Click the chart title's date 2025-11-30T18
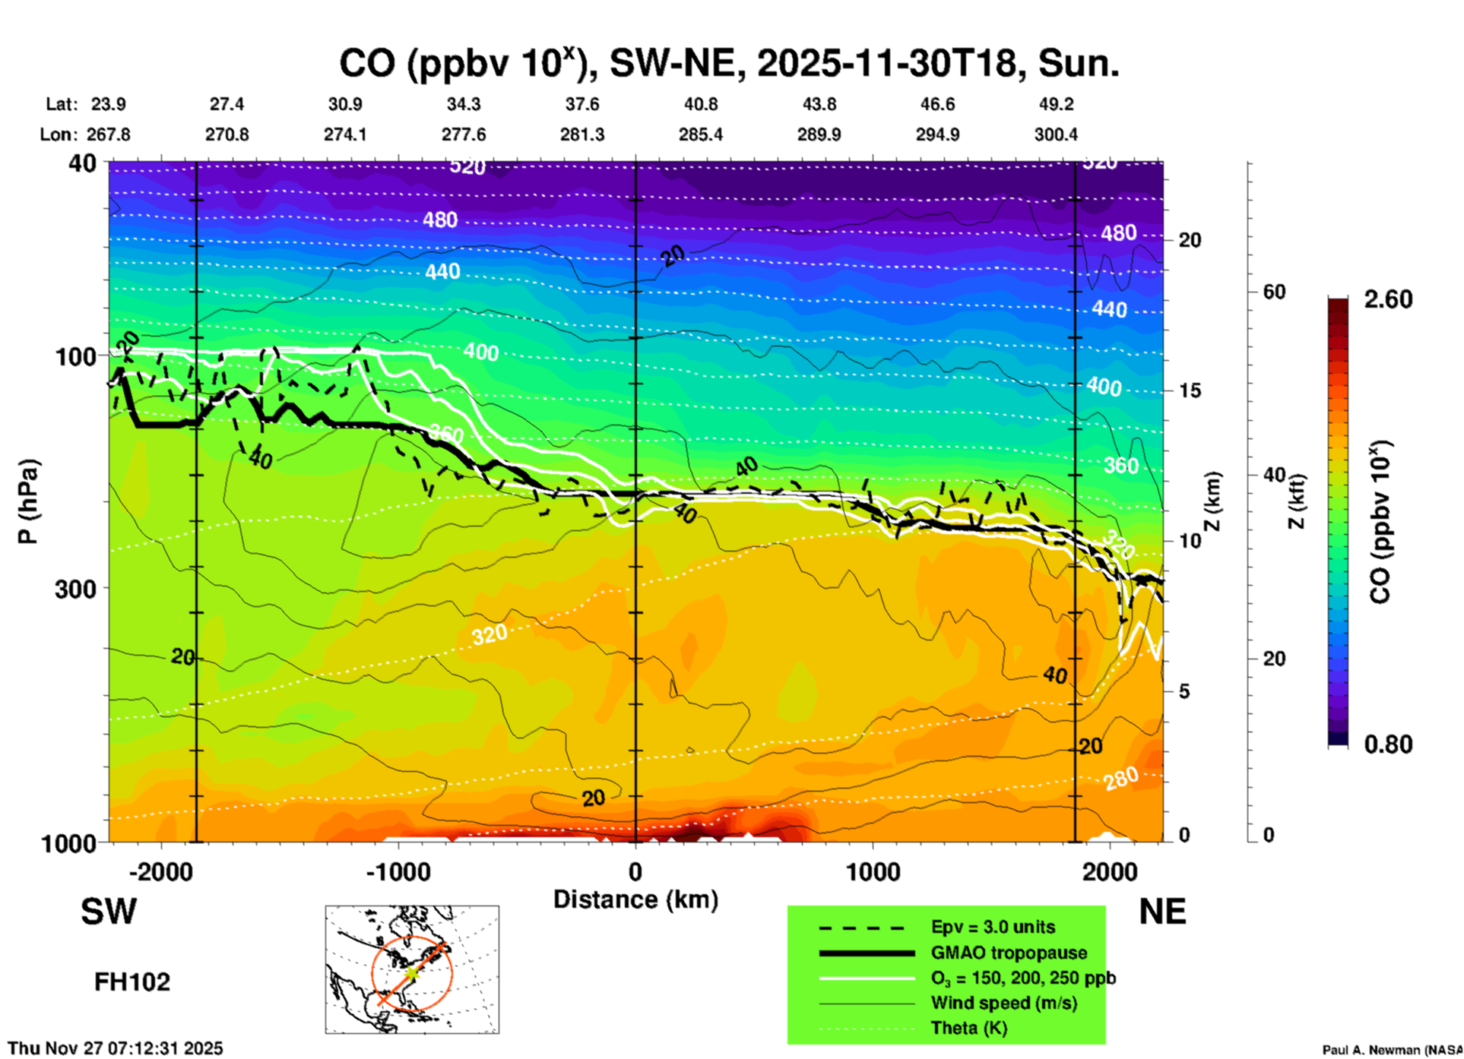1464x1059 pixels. [886, 64]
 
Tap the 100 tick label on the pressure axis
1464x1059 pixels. [76, 356]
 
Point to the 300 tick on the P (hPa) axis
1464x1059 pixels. [76, 588]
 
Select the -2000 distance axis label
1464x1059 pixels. [160, 872]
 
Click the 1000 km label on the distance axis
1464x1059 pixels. [873, 872]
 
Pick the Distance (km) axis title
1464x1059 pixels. [635, 899]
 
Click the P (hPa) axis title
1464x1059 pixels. [27, 501]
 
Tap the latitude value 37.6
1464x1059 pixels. [582, 104]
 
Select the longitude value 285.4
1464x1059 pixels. [701, 134]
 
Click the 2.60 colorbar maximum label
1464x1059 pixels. [1388, 299]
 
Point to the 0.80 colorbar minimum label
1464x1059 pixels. [1388, 744]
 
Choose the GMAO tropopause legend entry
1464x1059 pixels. [1009, 953]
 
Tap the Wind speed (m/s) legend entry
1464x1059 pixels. [1003, 1003]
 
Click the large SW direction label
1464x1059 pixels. [109, 912]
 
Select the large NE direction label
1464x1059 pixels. [1162, 912]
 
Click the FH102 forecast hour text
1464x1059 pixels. [132, 982]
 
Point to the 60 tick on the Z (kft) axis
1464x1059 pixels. [1275, 292]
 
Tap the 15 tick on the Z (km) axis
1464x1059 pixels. [1190, 390]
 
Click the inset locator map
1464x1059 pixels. [412, 969]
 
